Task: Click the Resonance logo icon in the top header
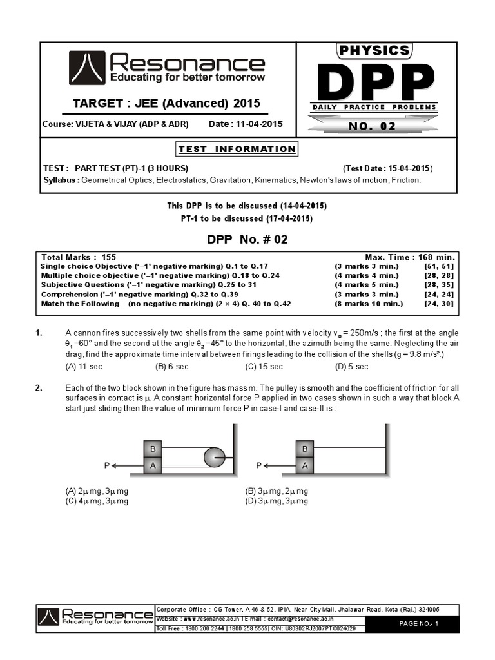(88, 68)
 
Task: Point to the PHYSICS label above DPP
(374, 50)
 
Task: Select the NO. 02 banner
(372, 126)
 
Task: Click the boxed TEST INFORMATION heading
(237, 149)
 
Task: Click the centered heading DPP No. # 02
(247, 239)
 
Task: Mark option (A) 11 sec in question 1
(84, 367)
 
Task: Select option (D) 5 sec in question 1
(352, 367)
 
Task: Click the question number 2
(39, 388)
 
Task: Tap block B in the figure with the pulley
(153, 449)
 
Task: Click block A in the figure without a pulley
(305, 465)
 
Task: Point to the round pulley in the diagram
(214, 457)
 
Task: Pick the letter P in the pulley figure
(106, 465)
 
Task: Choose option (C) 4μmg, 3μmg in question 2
(97, 501)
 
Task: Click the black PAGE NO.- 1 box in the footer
(418, 624)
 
